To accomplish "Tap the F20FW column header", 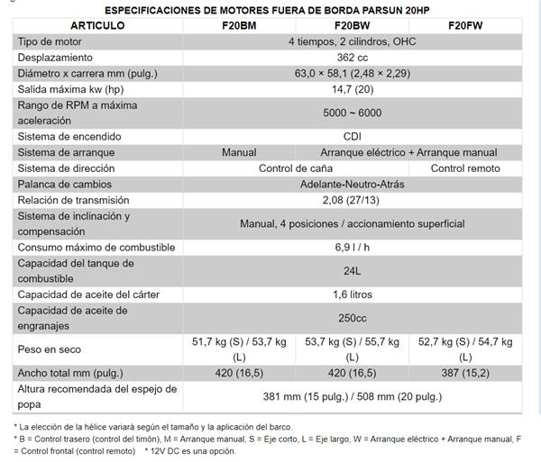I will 465,25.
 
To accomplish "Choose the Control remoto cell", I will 465,168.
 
